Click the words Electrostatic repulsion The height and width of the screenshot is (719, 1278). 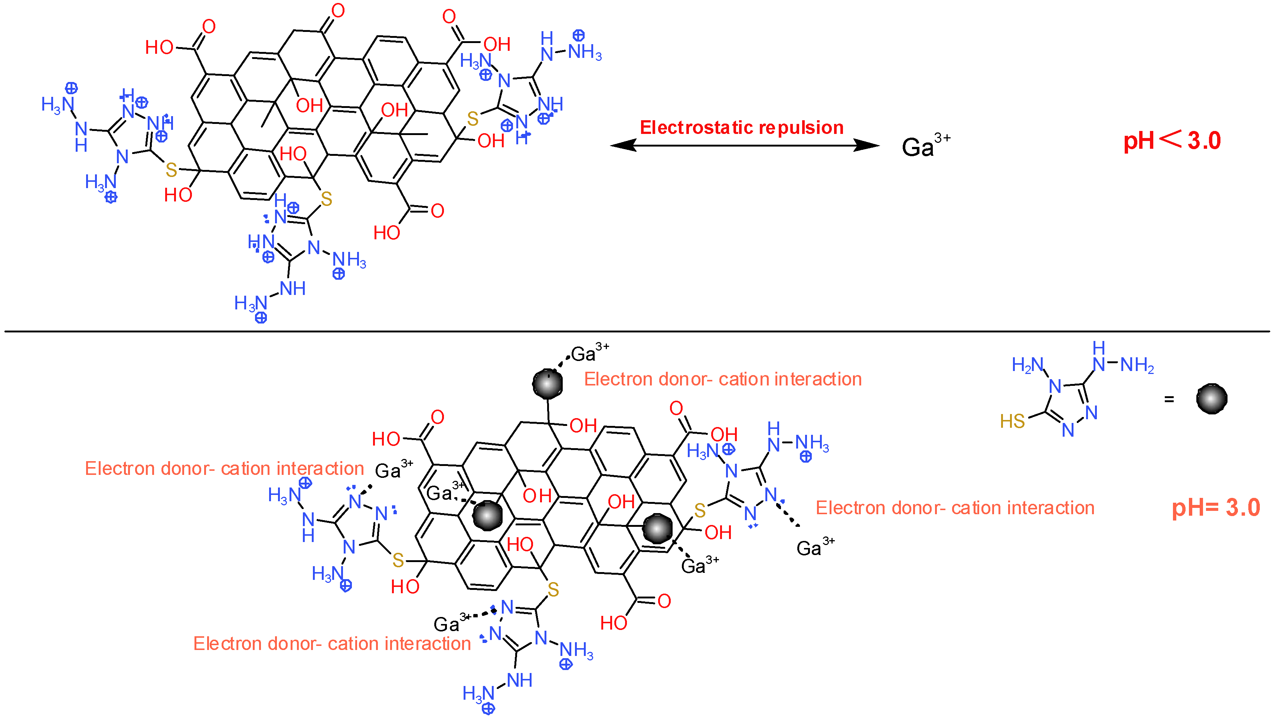[x=741, y=127]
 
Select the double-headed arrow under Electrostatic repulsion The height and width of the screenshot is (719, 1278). [x=744, y=145]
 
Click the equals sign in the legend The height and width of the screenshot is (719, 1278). [x=1169, y=399]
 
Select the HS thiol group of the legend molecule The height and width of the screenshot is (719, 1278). [x=1012, y=421]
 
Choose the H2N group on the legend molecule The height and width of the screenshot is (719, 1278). [x=1027, y=365]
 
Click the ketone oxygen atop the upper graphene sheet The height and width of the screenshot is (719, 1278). [x=338, y=10]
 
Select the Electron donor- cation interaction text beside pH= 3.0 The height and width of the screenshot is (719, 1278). [x=955, y=508]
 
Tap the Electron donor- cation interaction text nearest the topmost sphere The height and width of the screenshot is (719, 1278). [x=722, y=379]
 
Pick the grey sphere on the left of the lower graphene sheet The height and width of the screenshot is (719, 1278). [x=488, y=515]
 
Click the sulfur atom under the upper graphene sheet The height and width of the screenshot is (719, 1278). [x=326, y=199]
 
